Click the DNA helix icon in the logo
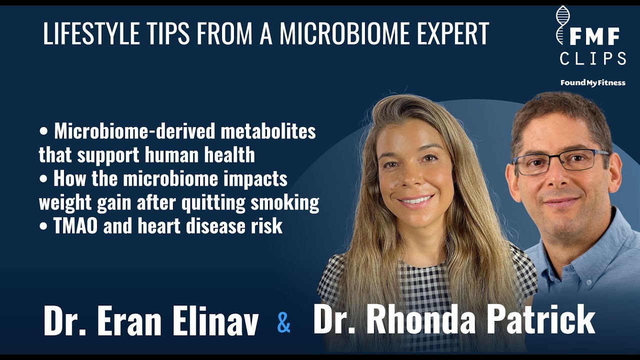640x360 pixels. pyautogui.click(x=564, y=25)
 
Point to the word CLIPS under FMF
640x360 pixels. pyautogui.click(x=592, y=59)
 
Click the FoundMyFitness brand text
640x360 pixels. pyautogui.click(x=592, y=82)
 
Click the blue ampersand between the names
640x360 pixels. pyautogui.click(x=283, y=323)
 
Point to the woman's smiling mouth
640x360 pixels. pyautogui.click(x=415, y=201)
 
